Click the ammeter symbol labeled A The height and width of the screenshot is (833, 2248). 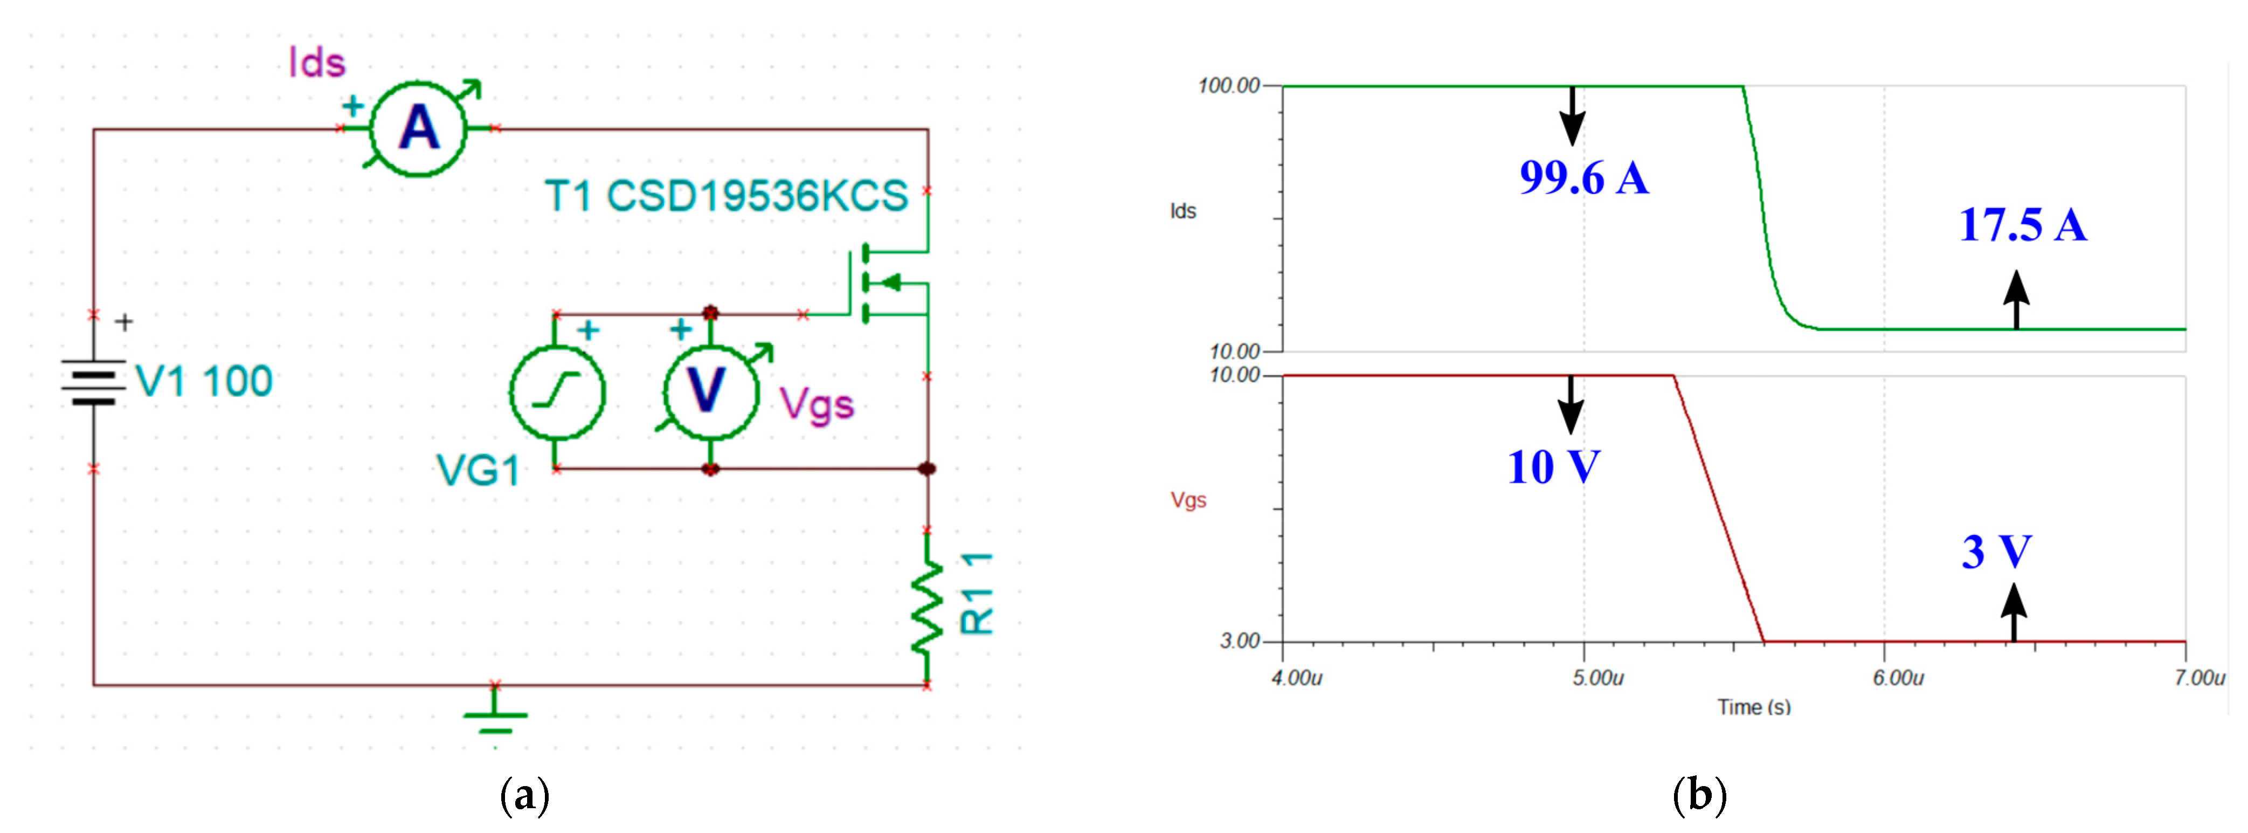tap(419, 129)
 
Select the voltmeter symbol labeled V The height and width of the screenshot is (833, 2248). tap(709, 390)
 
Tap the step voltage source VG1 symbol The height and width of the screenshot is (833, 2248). tap(557, 390)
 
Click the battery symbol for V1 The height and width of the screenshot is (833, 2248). tap(93, 382)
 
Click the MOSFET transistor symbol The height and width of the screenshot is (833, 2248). tap(881, 282)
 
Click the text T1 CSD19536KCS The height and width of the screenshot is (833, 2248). tap(726, 196)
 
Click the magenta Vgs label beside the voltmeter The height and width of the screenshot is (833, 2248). tap(816, 405)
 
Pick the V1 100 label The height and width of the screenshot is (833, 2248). tap(204, 382)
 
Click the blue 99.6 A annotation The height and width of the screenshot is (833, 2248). tap(1584, 178)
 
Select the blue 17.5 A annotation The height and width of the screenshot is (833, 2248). tap(2022, 225)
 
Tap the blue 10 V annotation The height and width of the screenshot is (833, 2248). tap(1553, 467)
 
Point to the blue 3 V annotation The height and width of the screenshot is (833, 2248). tap(1996, 552)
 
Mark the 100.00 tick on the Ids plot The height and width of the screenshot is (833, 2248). tap(1229, 86)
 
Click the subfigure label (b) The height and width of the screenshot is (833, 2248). tap(1698, 795)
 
